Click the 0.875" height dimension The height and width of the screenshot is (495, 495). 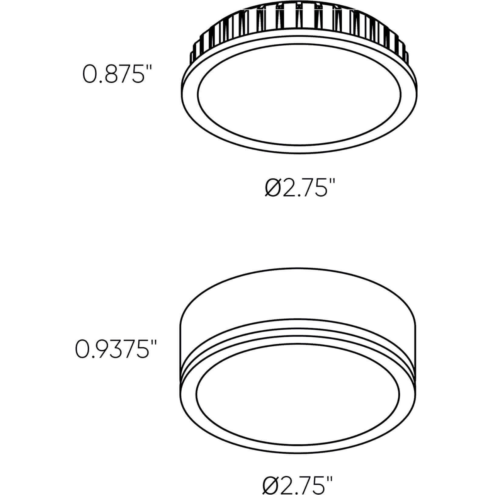tap(117, 73)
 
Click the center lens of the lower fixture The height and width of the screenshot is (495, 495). tap(298, 394)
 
